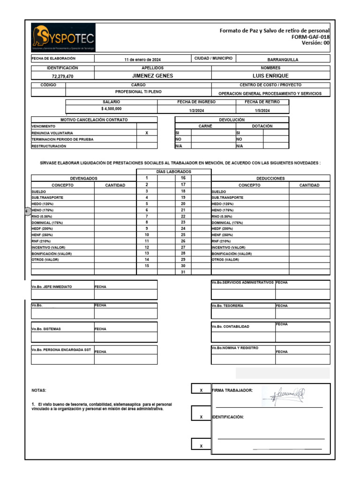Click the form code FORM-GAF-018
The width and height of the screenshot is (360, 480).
[x=310, y=37]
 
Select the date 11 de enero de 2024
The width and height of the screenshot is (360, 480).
[x=142, y=60]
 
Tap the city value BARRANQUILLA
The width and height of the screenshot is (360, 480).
[x=282, y=60]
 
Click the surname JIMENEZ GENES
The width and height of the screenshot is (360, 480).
[x=152, y=75]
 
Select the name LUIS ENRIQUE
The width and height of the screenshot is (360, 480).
[x=270, y=75]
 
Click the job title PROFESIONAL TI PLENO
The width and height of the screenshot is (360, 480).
[x=138, y=92]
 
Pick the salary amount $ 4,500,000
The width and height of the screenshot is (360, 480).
[x=111, y=109]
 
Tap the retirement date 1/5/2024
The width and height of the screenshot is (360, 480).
[x=262, y=111]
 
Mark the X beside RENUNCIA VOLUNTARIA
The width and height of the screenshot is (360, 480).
[x=147, y=133]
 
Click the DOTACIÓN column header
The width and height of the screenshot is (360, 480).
[x=262, y=126]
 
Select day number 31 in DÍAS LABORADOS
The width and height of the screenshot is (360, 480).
[x=183, y=272]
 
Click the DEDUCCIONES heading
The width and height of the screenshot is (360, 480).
[x=270, y=179]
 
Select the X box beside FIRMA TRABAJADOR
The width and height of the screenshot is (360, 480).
[x=201, y=390]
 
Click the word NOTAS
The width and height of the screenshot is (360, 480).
[x=39, y=390]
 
